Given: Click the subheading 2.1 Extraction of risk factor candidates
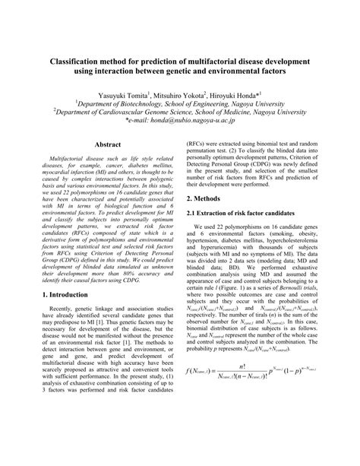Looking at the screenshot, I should tap(252, 213).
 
